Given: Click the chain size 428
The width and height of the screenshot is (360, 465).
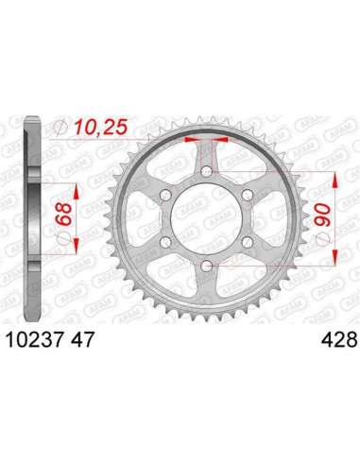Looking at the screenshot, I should pyautogui.click(x=338, y=337).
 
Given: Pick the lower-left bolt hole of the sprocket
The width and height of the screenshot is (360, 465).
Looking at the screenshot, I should pyautogui.click(x=166, y=243).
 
